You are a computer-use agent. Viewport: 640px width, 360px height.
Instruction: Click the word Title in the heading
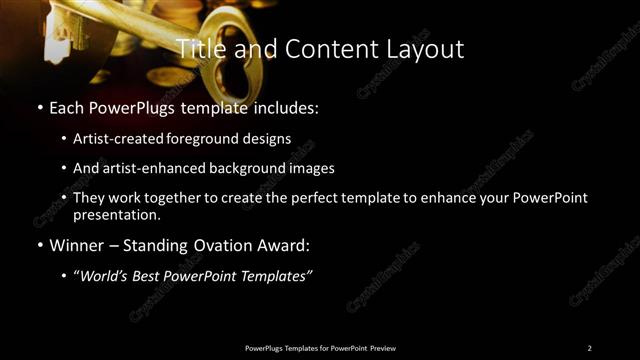[197, 48]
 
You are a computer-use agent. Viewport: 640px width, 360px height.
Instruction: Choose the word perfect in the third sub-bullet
[302, 198]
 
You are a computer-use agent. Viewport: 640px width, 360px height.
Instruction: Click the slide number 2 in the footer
[589, 348]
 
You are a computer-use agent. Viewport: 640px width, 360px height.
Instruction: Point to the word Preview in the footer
[383, 348]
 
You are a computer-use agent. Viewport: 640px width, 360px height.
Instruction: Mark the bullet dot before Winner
[39, 244]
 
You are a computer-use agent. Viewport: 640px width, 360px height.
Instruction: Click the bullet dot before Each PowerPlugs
[39, 106]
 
